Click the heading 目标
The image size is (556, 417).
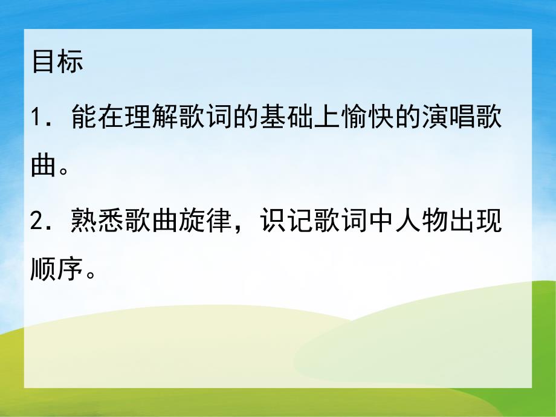tap(57, 62)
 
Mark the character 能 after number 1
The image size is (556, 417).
tap(83, 115)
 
